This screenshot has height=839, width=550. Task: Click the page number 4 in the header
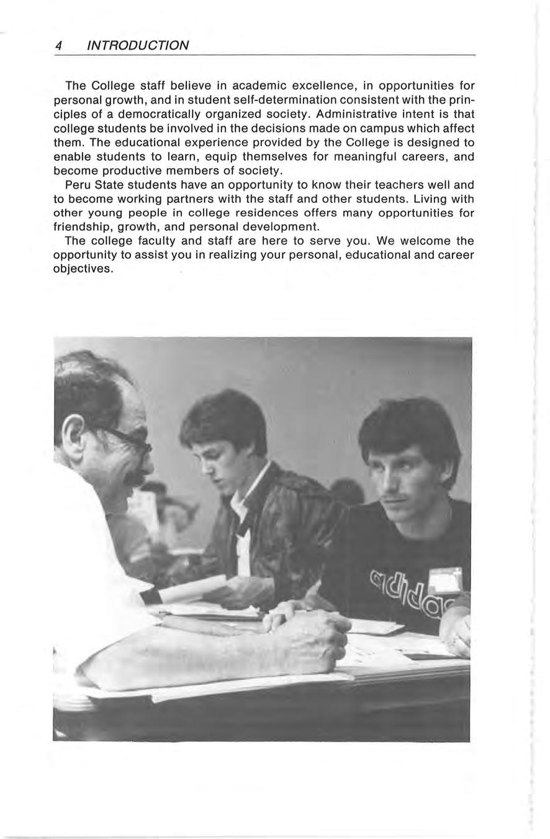point(58,45)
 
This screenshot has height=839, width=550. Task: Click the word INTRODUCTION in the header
point(138,45)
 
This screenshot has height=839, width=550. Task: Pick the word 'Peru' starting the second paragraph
point(77,184)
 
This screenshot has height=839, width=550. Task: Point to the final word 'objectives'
point(83,269)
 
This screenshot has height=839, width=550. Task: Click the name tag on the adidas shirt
point(445,580)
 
